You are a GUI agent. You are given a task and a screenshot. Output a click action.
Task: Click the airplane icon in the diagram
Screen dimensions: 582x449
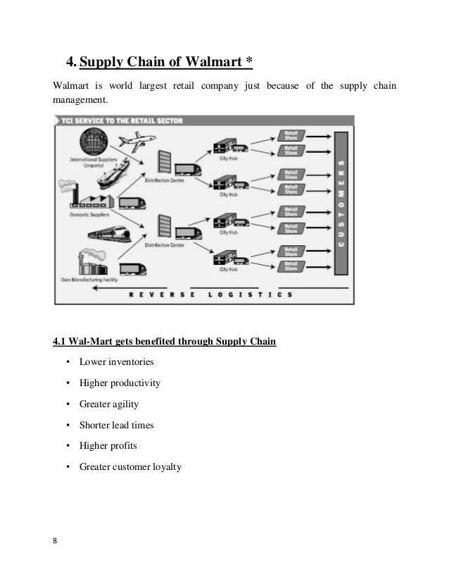[x=133, y=142]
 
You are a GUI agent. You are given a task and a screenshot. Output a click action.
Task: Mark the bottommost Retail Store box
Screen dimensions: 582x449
[x=289, y=266]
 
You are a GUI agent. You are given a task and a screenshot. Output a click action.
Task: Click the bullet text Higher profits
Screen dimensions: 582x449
[x=108, y=445]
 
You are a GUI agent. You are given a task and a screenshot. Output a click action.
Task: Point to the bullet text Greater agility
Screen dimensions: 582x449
[x=109, y=404]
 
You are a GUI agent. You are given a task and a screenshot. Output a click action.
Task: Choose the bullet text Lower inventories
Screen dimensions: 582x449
[x=116, y=362]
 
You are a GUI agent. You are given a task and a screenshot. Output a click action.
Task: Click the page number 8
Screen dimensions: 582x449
[x=56, y=541]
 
